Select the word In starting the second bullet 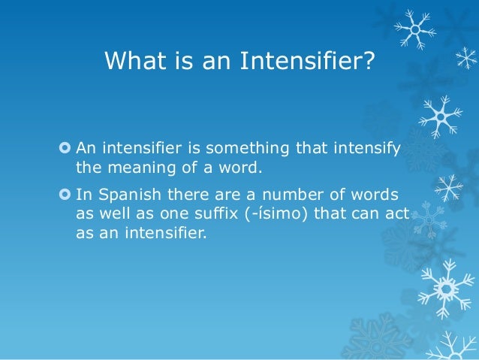83,196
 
